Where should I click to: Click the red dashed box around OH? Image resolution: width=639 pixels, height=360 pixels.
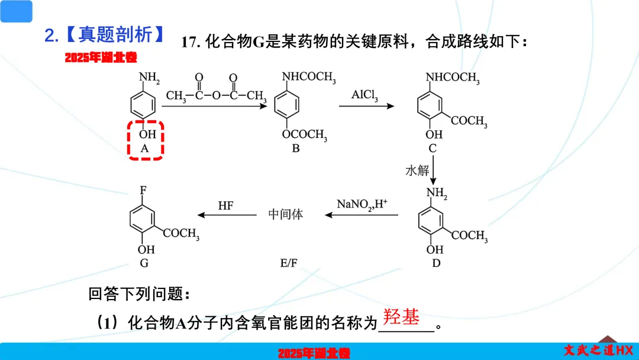145,140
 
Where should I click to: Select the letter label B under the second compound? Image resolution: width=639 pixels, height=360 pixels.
296,149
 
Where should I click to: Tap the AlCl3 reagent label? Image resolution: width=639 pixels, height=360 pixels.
364,95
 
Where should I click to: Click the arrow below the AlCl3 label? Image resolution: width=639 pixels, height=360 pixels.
366,107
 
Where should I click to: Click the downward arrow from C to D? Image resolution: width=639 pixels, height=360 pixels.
434,172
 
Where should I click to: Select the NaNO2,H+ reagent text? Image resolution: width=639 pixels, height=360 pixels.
362,204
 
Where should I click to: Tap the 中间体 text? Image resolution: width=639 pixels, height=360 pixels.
286,214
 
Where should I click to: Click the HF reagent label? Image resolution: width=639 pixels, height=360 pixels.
225,205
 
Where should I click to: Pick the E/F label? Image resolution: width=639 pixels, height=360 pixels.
289,263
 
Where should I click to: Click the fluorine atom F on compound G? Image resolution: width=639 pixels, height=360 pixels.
143,191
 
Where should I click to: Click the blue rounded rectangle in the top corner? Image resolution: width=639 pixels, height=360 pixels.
16,11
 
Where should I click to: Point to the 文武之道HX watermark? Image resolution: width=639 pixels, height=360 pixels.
598,350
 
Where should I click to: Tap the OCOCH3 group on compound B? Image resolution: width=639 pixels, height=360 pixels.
304,134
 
